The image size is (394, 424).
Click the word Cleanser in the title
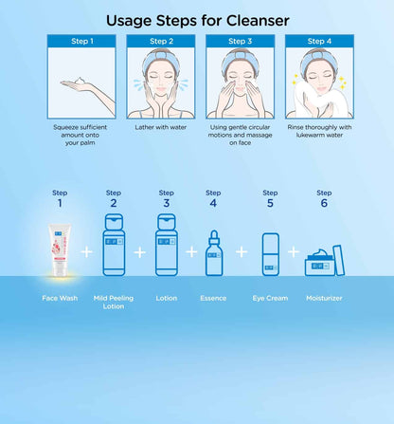258,21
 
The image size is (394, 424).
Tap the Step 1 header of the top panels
81,41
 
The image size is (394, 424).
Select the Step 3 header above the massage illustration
241,41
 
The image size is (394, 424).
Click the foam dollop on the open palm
80,81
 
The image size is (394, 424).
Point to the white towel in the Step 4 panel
319,101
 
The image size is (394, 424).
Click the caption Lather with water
161,127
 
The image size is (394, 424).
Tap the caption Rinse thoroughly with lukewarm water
319,131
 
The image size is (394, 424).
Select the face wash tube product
60,249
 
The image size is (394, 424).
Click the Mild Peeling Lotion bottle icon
114,245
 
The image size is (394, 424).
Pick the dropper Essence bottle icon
214,253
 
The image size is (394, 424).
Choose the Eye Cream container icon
271,254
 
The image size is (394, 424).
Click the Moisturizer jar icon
325,261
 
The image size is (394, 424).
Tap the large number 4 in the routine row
213,203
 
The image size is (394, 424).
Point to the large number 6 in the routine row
324,203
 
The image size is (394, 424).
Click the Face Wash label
60,298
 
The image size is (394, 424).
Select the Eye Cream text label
270,298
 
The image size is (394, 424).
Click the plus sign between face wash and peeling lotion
87,252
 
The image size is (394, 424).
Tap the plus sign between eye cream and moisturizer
294,252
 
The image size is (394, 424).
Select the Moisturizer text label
324,298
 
